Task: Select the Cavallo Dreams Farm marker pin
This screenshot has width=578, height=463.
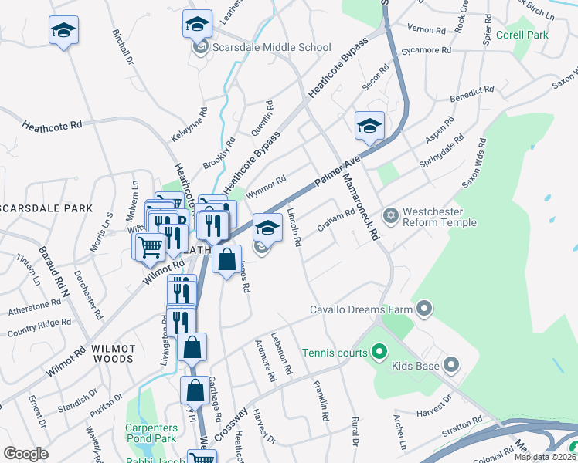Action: coord(424,310)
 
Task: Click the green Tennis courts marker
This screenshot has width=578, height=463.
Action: coord(379,353)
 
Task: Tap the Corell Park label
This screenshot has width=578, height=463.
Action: coord(523,35)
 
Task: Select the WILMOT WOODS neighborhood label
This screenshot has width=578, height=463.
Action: coord(113,354)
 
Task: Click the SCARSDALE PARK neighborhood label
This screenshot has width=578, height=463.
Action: coord(46,208)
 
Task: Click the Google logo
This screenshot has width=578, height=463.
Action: coord(26,454)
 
